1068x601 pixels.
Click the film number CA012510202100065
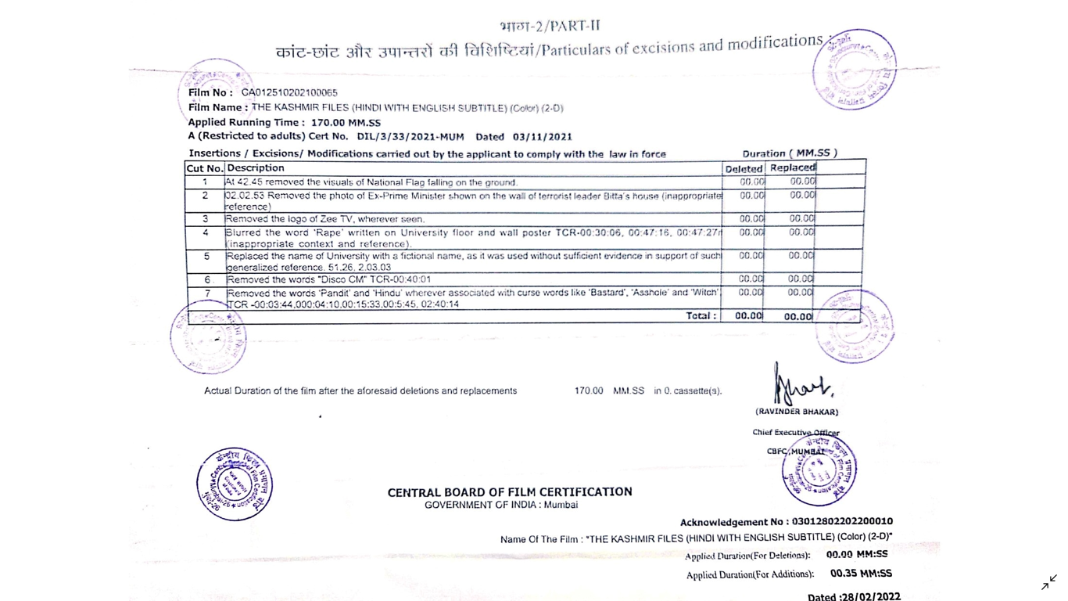point(289,92)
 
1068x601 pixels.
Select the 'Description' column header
point(256,168)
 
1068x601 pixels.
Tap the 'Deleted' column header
point(743,169)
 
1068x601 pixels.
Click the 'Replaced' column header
point(792,168)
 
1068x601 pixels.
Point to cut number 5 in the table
point(206,256)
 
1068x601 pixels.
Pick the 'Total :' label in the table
point(701,316)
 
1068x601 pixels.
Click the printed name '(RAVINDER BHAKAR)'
point(796,412)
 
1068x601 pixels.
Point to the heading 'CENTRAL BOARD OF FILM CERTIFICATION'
point(510,492)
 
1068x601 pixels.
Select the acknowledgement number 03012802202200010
point(842,521)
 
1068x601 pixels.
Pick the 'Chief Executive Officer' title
point(795,433)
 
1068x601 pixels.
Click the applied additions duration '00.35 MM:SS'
point(860,574)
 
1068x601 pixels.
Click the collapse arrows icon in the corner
point(1048,583)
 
